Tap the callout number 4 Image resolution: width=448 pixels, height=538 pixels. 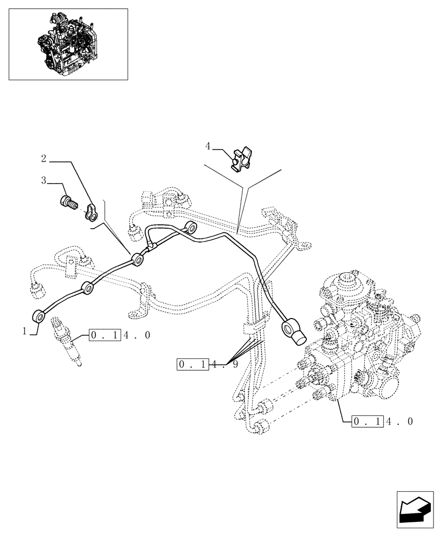click(208, 145)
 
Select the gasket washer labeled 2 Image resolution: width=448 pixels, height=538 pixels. click(92, 211)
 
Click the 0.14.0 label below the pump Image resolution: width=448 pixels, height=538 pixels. click(382, 421)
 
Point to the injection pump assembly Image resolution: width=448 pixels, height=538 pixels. click(361, 344)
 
